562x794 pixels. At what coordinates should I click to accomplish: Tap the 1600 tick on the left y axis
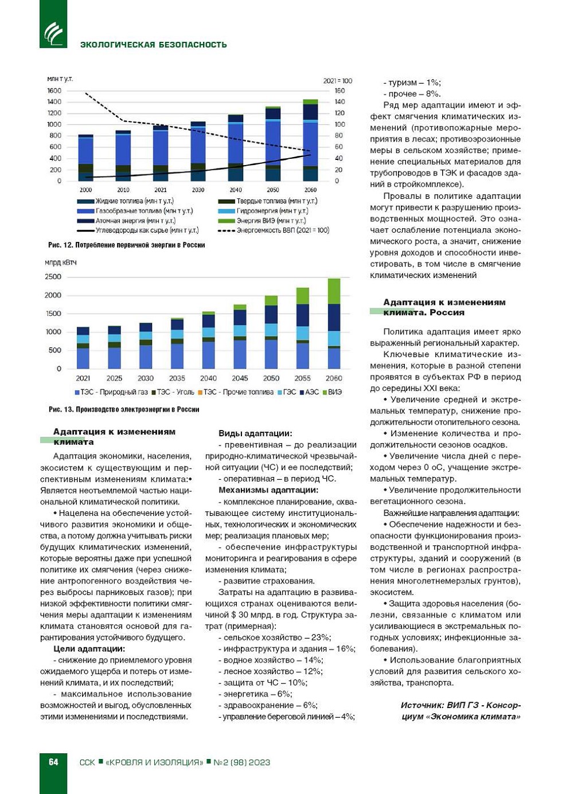54,91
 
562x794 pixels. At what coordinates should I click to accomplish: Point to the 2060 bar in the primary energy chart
310,140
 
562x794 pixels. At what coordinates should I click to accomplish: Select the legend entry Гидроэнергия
272,211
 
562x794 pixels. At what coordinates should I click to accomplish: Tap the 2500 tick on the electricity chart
53,277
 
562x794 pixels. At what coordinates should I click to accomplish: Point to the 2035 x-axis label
177,378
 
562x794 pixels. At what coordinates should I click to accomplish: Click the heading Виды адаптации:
255,433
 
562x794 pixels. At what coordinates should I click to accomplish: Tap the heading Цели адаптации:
89,649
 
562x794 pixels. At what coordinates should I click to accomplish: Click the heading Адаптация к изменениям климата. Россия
444,307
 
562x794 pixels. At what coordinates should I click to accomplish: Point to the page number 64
53,762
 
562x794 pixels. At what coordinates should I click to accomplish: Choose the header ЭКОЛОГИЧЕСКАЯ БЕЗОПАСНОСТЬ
153,45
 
